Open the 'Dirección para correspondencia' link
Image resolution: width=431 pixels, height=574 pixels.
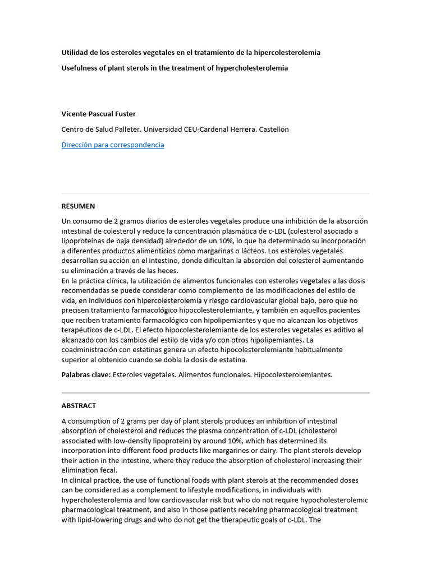(x=112, y=145)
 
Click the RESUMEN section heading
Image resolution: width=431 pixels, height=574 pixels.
(x=78, y=206)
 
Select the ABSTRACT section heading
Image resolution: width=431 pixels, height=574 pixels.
(x=79, y=405)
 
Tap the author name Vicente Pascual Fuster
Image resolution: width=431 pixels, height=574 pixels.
(x=99, y=113)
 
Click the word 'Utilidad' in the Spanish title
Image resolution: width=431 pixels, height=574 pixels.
(x=75, y=52)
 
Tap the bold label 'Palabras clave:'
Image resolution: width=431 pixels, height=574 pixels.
(x=86, y=374)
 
